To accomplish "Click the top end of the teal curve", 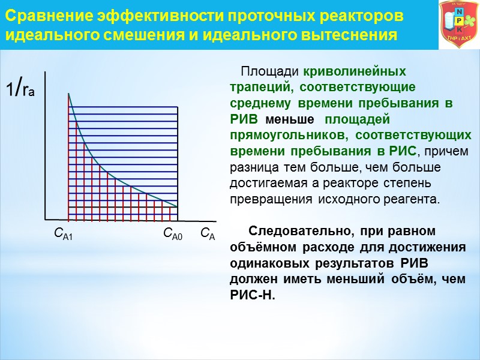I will (69, 94).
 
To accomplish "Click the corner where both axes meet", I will (46, 218).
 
